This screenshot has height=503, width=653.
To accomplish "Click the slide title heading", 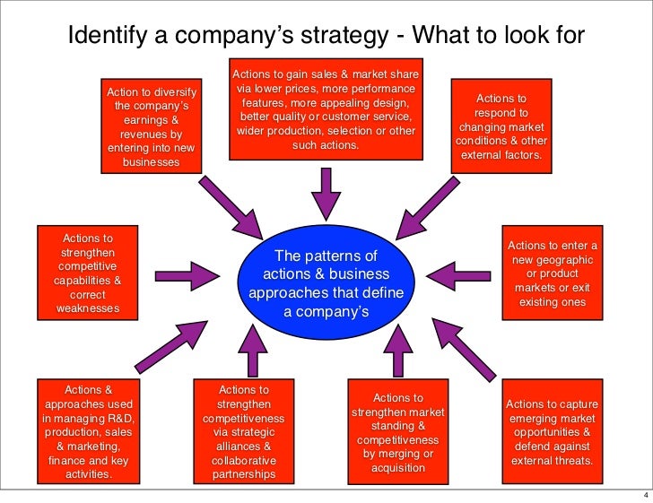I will [326, 35].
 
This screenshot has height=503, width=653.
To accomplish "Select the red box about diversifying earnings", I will [152, 126].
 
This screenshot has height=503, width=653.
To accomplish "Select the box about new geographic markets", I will [553, 273].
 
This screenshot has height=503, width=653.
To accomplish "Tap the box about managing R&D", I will [89, 431].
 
